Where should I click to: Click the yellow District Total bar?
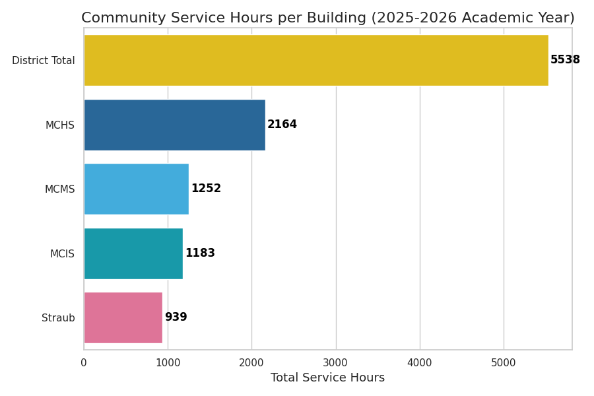coord(315,60)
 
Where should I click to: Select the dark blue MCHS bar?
coord(174,125)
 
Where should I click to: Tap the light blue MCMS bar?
coord(136,189)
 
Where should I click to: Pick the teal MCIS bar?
coord(133,253)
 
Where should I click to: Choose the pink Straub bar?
coord(123,317)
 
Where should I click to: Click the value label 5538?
coord(565,60)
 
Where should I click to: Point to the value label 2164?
coord(282,125)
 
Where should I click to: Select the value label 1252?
coord(206,189)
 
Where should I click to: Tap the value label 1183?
coord(200,253)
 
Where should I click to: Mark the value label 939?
coord(176,317)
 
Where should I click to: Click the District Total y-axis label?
coord(44,61)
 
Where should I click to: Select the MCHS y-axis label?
coord(60,125)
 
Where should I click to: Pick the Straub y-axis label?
coord(58,318)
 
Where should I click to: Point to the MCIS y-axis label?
coord(62,254)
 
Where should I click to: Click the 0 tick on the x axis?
coord(84,363)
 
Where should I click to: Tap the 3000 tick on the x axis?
coord(335,363)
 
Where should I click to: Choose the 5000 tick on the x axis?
coord(504,363)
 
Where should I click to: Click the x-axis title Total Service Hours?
coord(327,378)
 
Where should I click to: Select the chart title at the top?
coord(327,18)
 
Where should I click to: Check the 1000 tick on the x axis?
coord(168,363)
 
